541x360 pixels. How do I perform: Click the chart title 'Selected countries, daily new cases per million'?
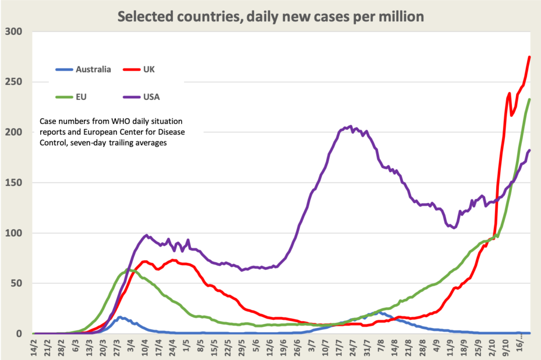[270, 16]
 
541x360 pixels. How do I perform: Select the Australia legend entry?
[93, 69]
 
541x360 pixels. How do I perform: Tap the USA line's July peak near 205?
[349, 126]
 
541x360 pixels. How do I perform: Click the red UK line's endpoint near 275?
[529, 57]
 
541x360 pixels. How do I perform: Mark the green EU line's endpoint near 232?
[529, 99]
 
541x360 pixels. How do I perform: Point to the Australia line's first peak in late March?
[120, 317]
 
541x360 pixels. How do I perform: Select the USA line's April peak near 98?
[146, 235]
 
